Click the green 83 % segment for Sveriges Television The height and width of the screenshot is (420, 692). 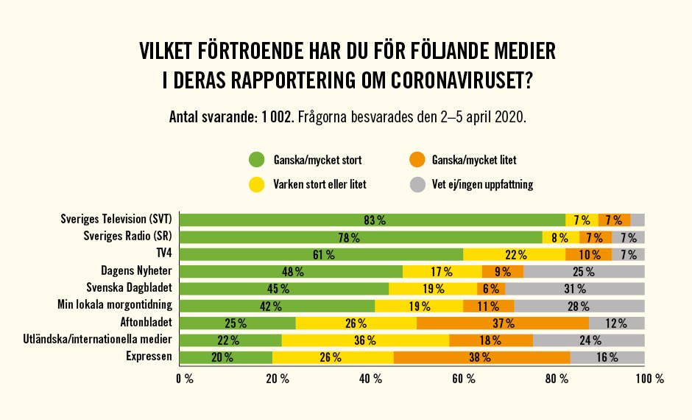point(373,220)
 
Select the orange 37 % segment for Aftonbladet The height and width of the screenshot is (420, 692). point(503,323)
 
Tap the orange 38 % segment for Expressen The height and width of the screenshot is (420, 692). point(482,357)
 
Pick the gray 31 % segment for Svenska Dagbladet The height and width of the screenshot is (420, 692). point(575,288)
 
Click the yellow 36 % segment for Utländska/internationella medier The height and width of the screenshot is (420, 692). point(365,340)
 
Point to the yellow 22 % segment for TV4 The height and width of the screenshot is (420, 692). point(515,254)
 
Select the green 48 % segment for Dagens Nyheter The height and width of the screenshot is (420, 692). point(292,271)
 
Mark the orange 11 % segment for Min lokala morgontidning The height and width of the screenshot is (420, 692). point(489,306)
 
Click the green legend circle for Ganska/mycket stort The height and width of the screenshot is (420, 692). point(257,159)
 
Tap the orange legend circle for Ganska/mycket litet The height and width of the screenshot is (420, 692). point(417,159)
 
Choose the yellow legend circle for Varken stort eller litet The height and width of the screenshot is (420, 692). point(257,184)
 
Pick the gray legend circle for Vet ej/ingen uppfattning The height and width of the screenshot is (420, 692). point(417,184)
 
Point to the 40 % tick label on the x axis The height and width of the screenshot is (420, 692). point(370,379)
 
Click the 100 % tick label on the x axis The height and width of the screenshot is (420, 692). point(649,379)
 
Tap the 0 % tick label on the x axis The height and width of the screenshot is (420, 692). point(183,379)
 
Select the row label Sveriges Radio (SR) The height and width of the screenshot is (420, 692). point(127,237)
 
